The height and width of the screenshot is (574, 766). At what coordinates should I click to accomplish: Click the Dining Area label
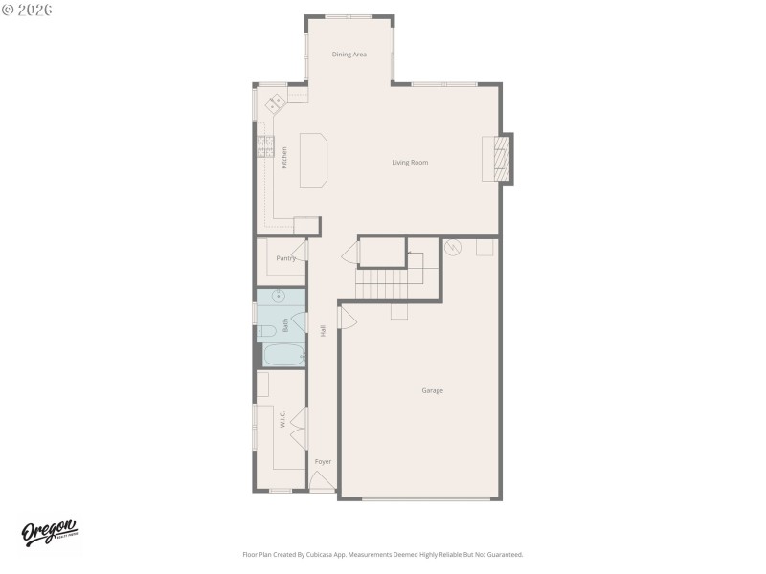coord(349,55)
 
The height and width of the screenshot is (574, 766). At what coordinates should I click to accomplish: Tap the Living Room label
coord(410,163)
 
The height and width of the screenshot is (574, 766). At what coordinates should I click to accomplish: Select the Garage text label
coord(432,390)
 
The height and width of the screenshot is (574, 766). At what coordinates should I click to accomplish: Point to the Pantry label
coord(285,258)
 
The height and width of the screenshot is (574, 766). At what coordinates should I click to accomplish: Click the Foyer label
coord(324,462)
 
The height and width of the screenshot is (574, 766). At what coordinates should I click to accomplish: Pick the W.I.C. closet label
coord(283,420)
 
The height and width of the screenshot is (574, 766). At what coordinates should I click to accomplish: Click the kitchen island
coord(314,160)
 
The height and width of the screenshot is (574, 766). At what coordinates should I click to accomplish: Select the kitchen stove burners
coord(265,146)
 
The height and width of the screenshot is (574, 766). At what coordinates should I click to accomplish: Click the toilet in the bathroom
coord(267,331)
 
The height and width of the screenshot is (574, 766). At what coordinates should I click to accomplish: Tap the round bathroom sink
coord(278,297)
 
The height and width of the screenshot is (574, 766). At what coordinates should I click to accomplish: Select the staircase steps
coord(381,283)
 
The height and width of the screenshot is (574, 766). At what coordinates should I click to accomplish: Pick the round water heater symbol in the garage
coord(454,247)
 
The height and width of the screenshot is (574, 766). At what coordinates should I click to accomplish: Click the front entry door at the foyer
coord(323,484)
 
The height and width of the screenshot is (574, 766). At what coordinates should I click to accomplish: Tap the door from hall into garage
coord(347,317)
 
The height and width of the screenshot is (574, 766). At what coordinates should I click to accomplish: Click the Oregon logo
coord(50,534)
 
